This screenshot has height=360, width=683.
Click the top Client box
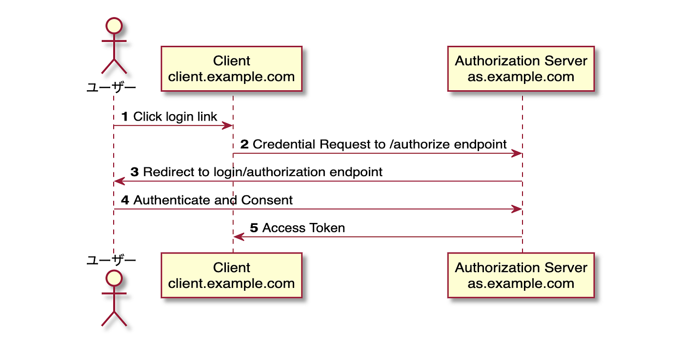(x=231, y=69)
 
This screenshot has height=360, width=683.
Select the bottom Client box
(x=231, y=276)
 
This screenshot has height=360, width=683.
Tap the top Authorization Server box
(x=521, y=69)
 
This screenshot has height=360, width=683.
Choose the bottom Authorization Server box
(x=521, y=276)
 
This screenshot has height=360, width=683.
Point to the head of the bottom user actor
(x=114, y=278)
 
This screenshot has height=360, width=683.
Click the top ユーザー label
(x=111, y=88)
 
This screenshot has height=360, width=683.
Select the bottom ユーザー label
(x=111, y=260)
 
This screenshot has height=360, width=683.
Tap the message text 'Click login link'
(x=175, y=117)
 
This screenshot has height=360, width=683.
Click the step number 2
(x=244, y=144)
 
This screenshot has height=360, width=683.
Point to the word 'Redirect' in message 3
(x=166, y=172)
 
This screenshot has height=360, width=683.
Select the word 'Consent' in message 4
(x=267, y=200)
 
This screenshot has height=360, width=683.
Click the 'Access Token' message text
(x=303, y=228)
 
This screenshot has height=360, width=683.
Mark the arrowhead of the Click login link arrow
(x=227, y=126)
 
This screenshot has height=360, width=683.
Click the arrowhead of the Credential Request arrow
(x=517, y=154)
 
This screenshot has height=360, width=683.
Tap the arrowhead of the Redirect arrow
(x=119, y=181)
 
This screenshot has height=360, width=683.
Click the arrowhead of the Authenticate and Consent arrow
(x=517, y=209)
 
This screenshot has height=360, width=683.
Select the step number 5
(x=254, y=228)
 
